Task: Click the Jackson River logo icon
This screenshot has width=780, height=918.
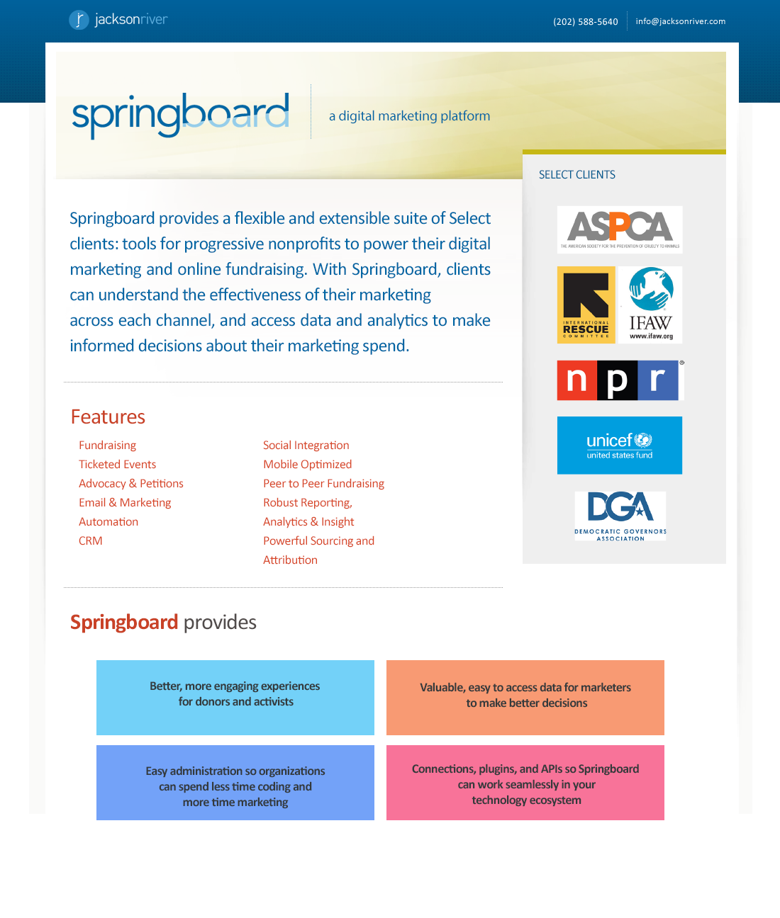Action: (79, 20)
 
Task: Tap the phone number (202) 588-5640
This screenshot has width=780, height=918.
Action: (585, 22)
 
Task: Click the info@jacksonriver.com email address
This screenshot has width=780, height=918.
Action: (680, 21)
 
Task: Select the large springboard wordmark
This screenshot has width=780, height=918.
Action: (181, 114)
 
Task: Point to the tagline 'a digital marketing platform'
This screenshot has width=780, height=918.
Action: (409, 116)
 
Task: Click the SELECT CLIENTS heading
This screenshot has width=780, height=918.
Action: (576, 175)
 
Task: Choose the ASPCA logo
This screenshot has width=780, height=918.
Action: (620, 229)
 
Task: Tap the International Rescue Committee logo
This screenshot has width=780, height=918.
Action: (586, 305)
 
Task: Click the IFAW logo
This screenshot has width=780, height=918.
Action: (650, 305)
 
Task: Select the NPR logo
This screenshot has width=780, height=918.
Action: (618, 380)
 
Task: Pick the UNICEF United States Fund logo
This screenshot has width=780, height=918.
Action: (620, 446)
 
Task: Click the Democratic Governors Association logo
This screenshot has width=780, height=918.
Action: (620, 516)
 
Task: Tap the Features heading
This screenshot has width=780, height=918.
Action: (108, 416)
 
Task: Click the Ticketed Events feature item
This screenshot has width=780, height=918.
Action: (117, 465)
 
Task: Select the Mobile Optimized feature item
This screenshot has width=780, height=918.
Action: (307, 465)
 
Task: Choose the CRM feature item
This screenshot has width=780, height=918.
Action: (90, 541)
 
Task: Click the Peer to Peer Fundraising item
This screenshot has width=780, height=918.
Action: (323, 484)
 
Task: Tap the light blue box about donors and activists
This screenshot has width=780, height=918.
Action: (235, 698)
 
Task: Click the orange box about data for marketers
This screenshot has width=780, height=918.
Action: (525, 698)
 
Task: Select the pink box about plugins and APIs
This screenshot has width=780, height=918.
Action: (525, 783)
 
